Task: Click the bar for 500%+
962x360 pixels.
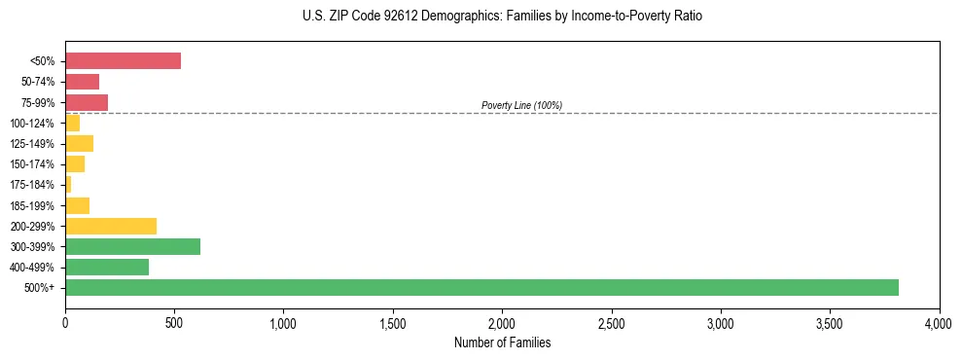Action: tap(481, 287)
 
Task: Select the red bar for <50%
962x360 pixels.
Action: tap(123, 61)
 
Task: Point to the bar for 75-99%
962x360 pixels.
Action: tap(87, 102)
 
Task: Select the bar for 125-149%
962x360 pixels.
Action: tap(79, 144)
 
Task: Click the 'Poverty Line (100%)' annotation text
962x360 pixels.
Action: tap(521, 105)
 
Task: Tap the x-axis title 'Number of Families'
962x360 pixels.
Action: tap(502, 343)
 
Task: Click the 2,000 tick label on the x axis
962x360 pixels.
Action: tap(502, 323)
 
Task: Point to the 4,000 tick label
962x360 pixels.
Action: tap(939, 323)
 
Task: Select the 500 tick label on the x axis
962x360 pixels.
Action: tap(174, 323)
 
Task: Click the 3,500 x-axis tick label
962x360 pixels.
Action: tap(830, 323)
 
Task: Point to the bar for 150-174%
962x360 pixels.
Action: tap(75, 164)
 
